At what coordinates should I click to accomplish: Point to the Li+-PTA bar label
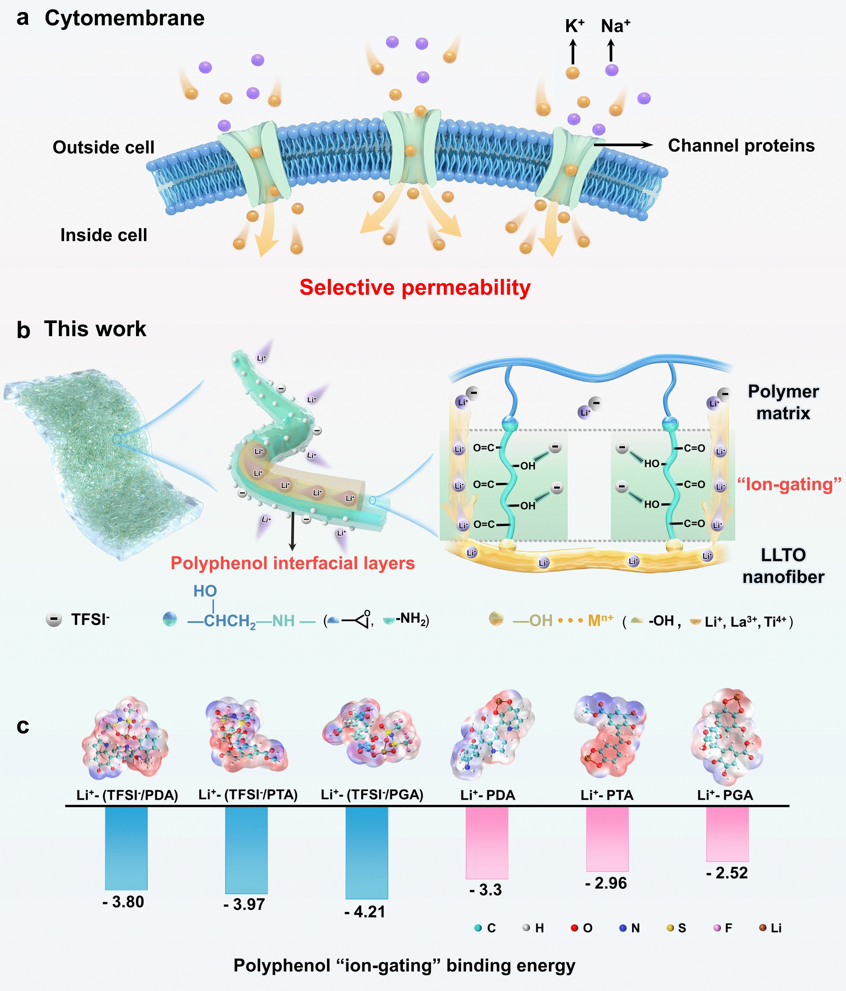point(607,795)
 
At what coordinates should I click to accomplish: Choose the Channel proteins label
point(741,146)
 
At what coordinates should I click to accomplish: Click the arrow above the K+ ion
point(572,52)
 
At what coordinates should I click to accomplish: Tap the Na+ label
point(615,26)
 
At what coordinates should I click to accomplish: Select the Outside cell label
point(103,147)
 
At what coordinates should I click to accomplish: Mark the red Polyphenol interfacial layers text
point(292,563)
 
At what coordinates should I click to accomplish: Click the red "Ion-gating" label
point(788,484)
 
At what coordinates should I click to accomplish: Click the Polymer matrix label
point(783,402)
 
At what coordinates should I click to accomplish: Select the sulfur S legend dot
point(670,928)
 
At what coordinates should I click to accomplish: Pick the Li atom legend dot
point(763,928)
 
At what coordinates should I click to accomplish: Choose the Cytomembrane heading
point(124,18)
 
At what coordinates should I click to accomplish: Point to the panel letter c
point(23,726)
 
